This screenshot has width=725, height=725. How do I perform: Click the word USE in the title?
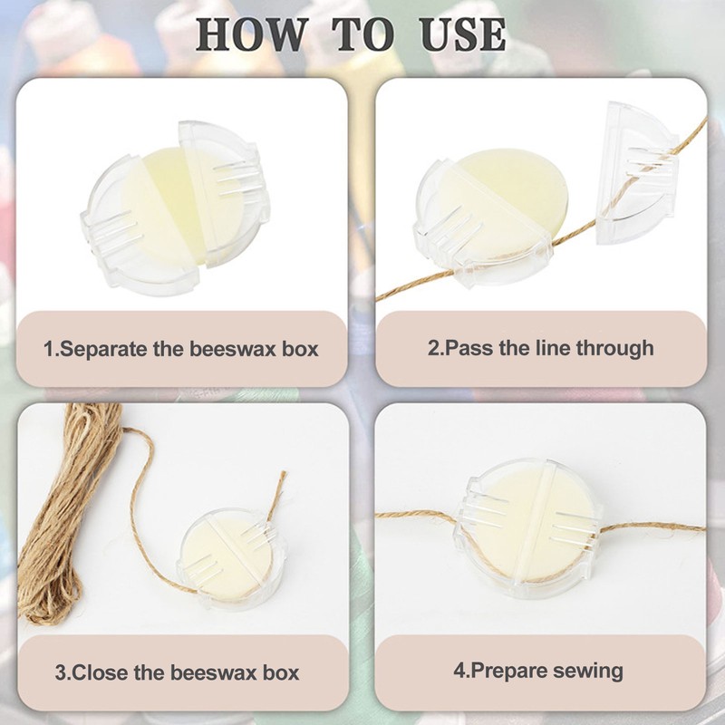(462, 33)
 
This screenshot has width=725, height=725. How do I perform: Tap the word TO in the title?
(364, 33)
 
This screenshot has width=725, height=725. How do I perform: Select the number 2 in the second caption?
(433, 347)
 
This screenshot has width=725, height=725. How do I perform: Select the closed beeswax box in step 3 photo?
(227, 558)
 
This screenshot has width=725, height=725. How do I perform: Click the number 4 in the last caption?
(459, 671)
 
